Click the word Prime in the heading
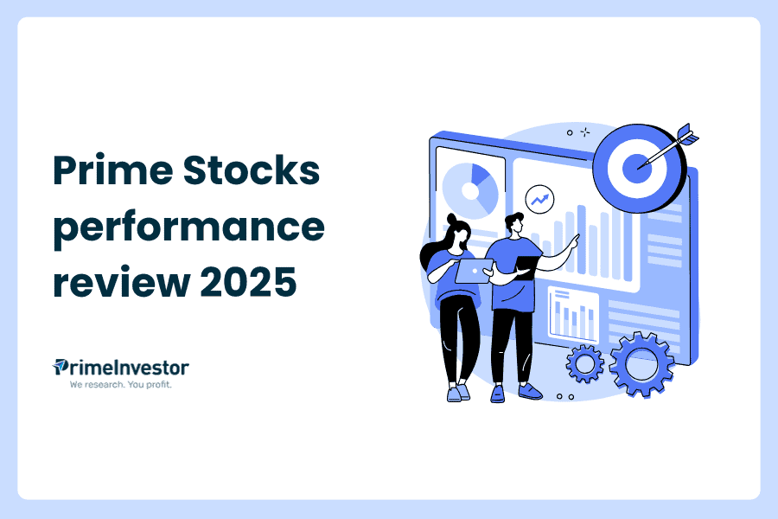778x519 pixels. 113,170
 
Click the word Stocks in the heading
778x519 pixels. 252,170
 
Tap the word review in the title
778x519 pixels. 122,282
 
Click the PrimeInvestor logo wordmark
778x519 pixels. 120,368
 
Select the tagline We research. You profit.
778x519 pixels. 120,384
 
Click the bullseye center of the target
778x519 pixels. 636,169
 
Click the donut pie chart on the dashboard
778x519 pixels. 470,190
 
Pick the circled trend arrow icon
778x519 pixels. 539,200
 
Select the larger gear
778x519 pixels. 642,364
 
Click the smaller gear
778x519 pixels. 585,364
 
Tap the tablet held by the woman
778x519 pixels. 474,271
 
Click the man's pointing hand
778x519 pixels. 574,242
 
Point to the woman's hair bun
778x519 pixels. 452,219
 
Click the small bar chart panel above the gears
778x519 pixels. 574,316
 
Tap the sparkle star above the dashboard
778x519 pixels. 585,131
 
